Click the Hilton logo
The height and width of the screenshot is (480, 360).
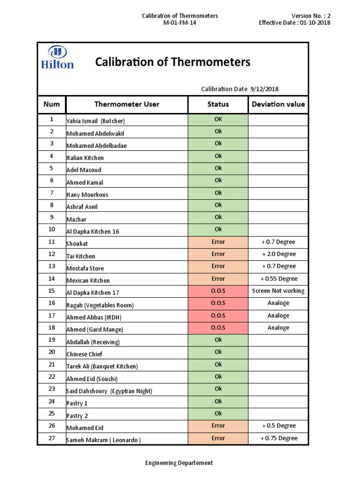(58, 58)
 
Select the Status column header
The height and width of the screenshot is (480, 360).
(218, 104)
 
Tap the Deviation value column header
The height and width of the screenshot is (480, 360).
(278, 104)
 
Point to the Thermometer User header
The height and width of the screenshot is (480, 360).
(127, 104)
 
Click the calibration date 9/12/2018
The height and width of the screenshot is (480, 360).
(265, 89)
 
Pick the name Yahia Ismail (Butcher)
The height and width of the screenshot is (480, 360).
(96, 121)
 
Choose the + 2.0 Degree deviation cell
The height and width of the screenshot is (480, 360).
(278, 254)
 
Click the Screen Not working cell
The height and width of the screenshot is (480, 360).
(278, 291)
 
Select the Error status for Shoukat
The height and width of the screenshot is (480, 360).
(218, 242)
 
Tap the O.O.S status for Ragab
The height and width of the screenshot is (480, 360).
(218, 303)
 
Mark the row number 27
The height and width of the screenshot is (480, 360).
(52, 438)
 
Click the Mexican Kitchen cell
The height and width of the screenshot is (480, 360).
(88, 281)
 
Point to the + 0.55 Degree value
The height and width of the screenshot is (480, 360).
(278, 278)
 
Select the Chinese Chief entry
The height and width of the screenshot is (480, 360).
(84, 354)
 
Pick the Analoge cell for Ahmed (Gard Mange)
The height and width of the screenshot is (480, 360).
(278, 328)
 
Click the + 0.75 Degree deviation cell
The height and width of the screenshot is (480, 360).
(278, 438)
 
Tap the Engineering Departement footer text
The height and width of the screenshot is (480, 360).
(180, 463)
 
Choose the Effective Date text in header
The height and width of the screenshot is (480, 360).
(294, 23)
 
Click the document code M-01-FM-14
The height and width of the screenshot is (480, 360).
(180, 23)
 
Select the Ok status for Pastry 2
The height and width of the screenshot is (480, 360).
(218, 413)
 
